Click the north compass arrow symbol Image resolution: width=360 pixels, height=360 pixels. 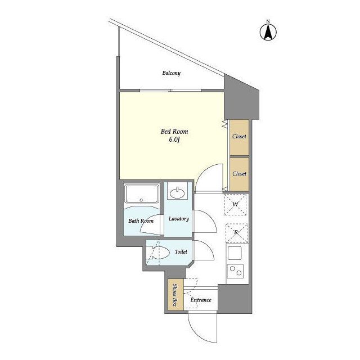[268, 31]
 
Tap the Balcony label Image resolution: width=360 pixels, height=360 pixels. [171, 73]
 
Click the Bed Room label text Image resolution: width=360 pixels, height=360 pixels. [174, 132]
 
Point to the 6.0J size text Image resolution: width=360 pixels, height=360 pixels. [174, 139]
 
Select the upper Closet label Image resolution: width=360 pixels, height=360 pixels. [239, 136]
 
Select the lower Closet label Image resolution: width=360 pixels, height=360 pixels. [239, 174]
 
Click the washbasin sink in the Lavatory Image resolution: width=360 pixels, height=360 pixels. [177, 193]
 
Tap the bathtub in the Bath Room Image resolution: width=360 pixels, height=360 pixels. [141, 194]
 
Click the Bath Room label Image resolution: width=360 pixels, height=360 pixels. [141, 221]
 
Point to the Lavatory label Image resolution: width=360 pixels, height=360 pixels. [179, 219]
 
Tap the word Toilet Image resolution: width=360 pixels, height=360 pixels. [181, 252]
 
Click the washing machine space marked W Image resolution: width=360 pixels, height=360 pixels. [235, 205]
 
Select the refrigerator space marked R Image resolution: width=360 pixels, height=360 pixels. [237, 233]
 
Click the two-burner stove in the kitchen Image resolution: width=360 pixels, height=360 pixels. [236, 271]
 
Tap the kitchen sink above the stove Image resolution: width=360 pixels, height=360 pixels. [235, 253]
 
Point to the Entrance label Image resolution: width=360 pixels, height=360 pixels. [201, 300]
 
